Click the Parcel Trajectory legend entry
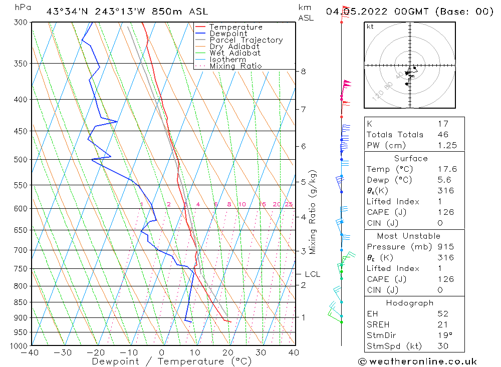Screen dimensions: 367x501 [x=246, y=40]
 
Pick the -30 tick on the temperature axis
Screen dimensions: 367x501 [x=63, y=352]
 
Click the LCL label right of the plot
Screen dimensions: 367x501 [x=312, y=274]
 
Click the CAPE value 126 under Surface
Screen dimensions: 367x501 [x=445, y=212]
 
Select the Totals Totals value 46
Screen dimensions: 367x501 [x=443, y=135]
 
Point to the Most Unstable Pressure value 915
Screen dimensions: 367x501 [x=445, y=247]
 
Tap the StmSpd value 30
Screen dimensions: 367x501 [x=443, y=346]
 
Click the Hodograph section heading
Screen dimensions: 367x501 [x=410, y=303]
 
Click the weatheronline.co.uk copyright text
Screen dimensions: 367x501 [x=417, y=361]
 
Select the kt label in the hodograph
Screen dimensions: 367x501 [x=370, y=27]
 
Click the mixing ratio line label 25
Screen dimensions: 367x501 [x=289, y=204]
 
